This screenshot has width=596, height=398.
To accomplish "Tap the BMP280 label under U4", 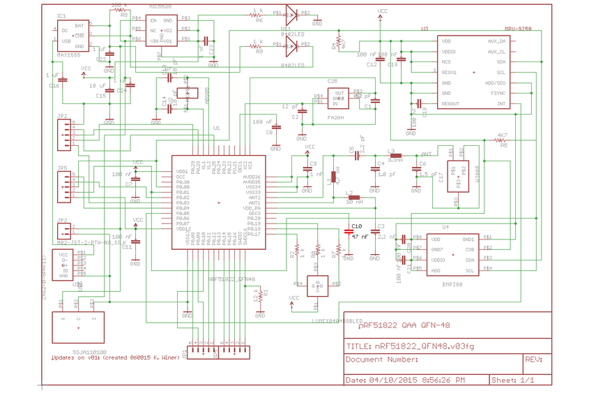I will click(452, 285).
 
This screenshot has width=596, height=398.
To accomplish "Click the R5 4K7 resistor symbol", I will click(501, 141).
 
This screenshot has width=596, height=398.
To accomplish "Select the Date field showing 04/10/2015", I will click(406, 380).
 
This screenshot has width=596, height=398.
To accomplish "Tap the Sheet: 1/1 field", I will click(512, 380).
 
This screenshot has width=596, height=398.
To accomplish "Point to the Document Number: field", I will click(382, 360).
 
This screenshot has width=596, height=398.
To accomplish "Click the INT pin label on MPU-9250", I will click(501, 104).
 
